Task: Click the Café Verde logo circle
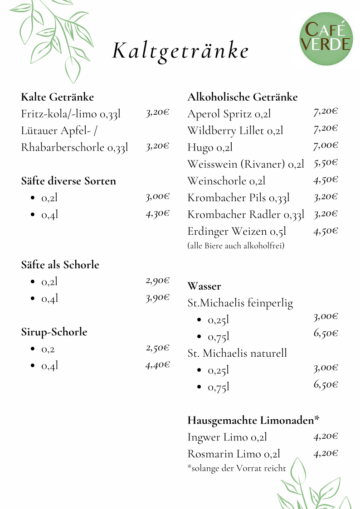[326, 38]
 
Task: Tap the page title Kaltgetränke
[180, 51]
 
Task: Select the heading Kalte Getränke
[58, 97]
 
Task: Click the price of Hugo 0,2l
[326, 146]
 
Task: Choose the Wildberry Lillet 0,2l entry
[235, 131]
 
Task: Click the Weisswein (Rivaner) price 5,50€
[326, 163]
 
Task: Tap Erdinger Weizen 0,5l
[237, 232]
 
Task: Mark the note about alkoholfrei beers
[236, 246]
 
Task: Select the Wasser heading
[204, 286]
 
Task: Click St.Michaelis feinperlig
[240, 303]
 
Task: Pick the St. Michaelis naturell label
[237, 353]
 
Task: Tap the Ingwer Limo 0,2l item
[227, 437]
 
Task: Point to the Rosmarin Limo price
[326, 453]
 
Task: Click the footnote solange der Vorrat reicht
[236, 468]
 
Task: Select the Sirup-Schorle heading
[54, 332]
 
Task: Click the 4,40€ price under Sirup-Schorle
[157, 365]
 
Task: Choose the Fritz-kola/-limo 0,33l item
[71, 114]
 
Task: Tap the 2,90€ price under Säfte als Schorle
[157, 281]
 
